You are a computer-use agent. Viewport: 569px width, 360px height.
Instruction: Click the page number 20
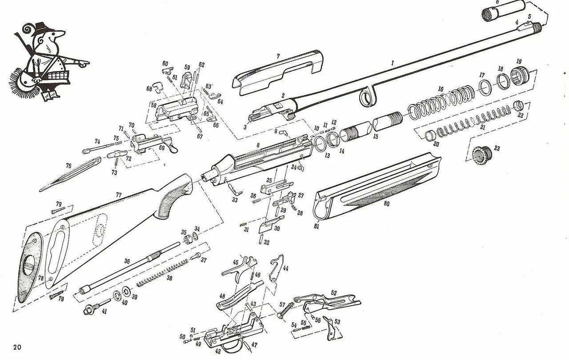[x=17, y=347]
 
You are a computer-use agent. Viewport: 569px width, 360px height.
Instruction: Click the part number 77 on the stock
[x=118, y=195]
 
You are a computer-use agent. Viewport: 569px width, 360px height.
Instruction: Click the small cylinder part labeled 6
[x=502, y=10]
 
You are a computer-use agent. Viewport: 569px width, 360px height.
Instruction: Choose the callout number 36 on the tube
[x=127, y=261]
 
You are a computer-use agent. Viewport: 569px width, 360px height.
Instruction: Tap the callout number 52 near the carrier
[x=333, y=293]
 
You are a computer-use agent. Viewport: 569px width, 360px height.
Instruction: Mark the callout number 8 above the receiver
[x=257, y=146]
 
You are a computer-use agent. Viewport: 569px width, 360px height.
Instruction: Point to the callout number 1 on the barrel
[x=393, y=63]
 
